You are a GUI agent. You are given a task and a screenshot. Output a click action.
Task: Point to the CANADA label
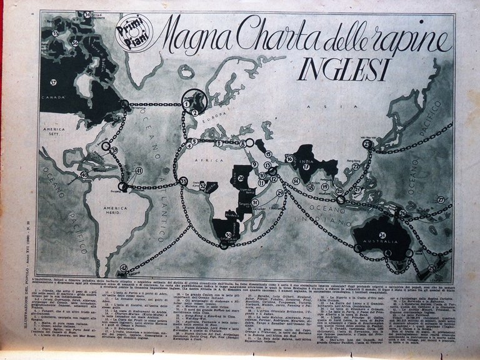[53, 98]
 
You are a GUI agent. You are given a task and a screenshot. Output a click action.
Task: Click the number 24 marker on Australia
[381, 234]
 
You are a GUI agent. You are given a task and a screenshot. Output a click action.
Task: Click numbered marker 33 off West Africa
[183, 181]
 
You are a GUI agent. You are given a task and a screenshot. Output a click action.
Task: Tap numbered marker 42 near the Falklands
[124, 268]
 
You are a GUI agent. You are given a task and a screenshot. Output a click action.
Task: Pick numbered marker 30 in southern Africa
[229, 235]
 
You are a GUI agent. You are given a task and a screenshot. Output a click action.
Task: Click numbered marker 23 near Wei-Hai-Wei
[367, 144]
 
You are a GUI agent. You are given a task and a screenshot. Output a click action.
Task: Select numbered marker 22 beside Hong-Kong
[356, 166]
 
